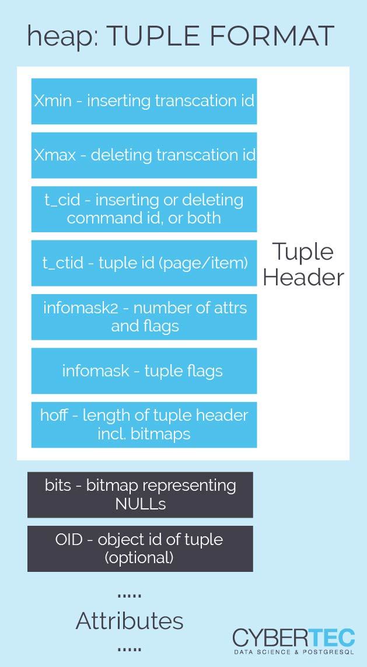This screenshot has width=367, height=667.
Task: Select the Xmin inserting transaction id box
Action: pos(144,101)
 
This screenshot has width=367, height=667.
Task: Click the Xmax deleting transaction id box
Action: pos(144,155)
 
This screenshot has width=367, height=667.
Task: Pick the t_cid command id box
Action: pos(144,209)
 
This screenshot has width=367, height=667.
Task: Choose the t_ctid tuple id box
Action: pos(144,263)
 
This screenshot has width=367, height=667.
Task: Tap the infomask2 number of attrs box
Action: pos(144,317)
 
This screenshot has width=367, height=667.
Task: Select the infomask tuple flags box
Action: pos(144,371)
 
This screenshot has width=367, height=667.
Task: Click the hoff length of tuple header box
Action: pos(144,424)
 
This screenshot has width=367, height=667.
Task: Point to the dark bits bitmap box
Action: pos(141,495)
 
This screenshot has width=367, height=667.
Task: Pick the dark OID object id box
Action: pos(141,549)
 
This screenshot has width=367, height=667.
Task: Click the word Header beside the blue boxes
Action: pos(303,277)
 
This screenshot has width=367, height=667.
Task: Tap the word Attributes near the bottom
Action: pos(130,621)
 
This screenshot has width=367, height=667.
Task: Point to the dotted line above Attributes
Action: pos(130,597)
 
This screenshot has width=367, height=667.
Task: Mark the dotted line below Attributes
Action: pos(130,649)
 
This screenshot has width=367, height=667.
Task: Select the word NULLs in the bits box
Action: pos(141,504)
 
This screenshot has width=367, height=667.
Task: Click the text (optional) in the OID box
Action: pos(139,558)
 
